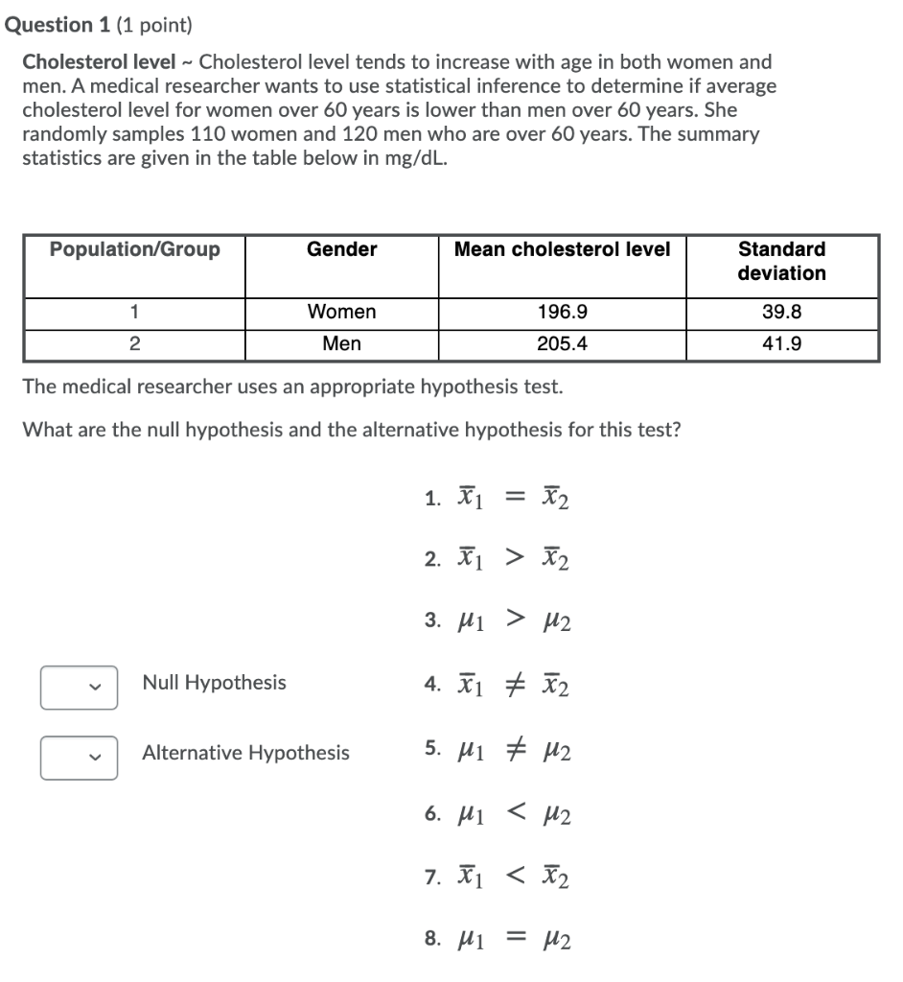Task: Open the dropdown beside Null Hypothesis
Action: [x=79, y=688]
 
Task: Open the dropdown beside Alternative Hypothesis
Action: [x=79, y=757]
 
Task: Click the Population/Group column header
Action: [x=135, y=250]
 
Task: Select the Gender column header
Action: [x=341, y=250]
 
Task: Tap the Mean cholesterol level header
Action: [x=562, y=250]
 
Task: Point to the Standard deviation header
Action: [x=781, y=261]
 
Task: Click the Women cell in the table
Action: [x=341, y=313]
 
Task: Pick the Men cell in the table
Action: [x=341, y=344]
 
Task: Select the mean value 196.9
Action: [x=562, y=313]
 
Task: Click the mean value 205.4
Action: [x=562, y=344]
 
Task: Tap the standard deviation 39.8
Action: [x=781, y=313]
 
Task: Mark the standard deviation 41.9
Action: [x=781, y=344]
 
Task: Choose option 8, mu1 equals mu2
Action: [x=498, y=940]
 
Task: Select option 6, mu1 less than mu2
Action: [x=498, y=815]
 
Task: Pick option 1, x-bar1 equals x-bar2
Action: [x=498, y=498]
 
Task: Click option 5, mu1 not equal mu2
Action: [x=498, y=750]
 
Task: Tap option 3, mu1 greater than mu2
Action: [x=498, y=622]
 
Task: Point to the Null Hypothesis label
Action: [x=214, y=683]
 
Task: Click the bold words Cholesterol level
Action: [x=99, y=62]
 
